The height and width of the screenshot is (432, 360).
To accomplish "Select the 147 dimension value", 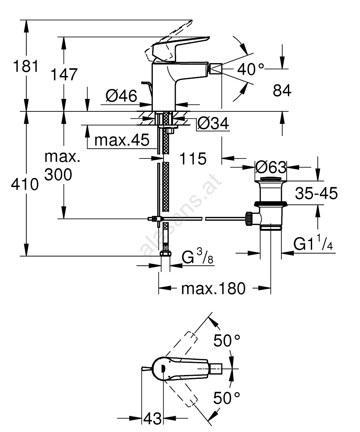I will click(64, 74).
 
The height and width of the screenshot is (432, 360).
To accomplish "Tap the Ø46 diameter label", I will click(121, 95).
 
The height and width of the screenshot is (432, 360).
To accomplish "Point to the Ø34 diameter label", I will click(213, 124).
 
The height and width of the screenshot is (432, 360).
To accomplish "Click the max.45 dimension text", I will click(122, 140).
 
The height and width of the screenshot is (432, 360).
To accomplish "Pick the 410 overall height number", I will click(25, 185).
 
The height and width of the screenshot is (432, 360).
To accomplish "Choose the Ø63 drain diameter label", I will click(271, 167).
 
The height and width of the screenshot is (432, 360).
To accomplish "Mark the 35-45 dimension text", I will click(316, 193).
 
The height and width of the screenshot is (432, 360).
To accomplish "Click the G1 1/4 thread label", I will click(313, 245).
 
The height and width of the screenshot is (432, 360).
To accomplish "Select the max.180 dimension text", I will click(213, 288).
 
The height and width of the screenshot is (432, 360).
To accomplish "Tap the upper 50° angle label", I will click(227, 341).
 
